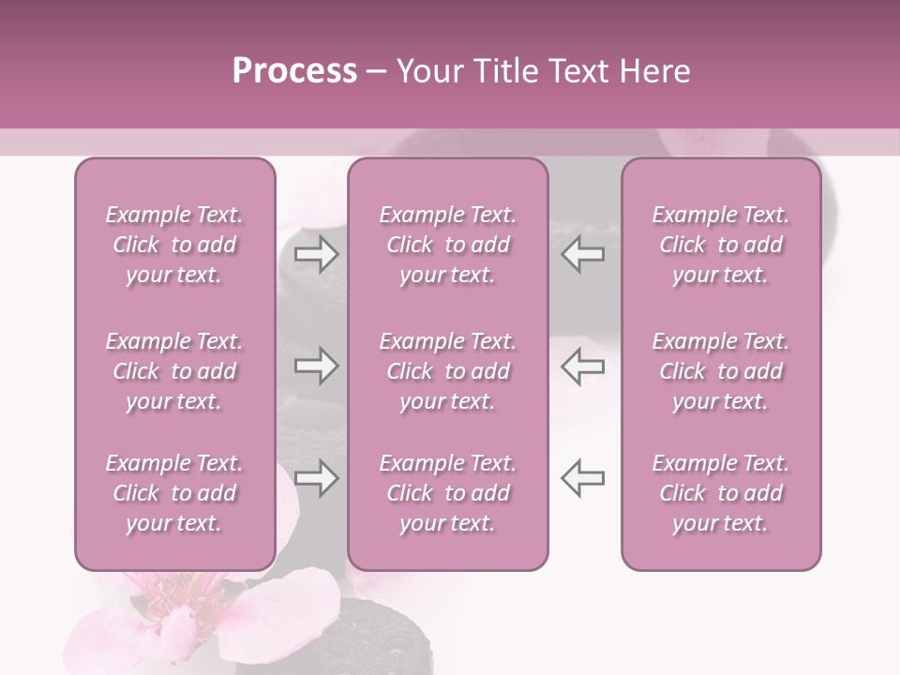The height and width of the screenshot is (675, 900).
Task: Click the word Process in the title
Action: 294,70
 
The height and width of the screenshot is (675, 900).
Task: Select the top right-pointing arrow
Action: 316,254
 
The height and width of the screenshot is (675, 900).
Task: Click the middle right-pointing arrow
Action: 316,366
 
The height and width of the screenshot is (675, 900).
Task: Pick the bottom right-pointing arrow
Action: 316,478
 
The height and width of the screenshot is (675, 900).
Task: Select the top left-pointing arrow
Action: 583,254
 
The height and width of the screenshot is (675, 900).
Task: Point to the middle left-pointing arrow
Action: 583,366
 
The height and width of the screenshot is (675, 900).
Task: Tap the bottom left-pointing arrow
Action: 583,478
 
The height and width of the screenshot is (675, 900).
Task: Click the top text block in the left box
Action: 174,245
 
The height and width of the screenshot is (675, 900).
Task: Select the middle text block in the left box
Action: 174,371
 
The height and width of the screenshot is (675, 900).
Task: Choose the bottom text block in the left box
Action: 174,493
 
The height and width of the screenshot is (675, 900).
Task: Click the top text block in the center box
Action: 447,245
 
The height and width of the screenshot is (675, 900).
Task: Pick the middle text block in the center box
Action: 447,371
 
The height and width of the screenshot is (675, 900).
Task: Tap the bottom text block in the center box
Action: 447,493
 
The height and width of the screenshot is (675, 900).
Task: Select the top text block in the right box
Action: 720,245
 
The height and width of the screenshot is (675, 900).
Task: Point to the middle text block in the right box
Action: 720,371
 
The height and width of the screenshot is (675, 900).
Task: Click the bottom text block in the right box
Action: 720,493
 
